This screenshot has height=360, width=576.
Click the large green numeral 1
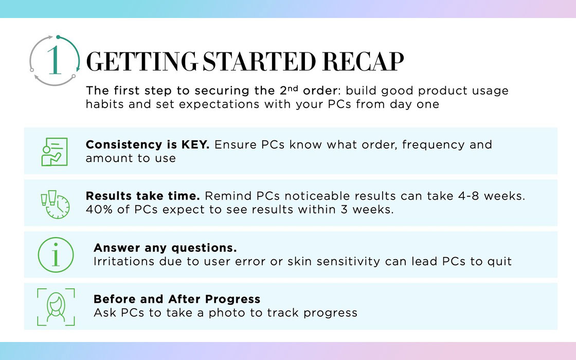point(55,60)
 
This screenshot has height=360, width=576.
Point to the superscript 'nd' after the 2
point(293,88)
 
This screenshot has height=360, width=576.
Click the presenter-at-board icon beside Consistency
point(55,151)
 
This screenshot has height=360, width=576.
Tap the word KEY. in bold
point(195,145)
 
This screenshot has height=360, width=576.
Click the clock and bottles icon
point(55,205)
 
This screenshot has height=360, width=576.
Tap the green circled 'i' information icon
point(56,255)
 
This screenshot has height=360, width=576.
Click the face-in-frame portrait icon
point(56,307)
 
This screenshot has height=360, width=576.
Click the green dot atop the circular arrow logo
point(58,37)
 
